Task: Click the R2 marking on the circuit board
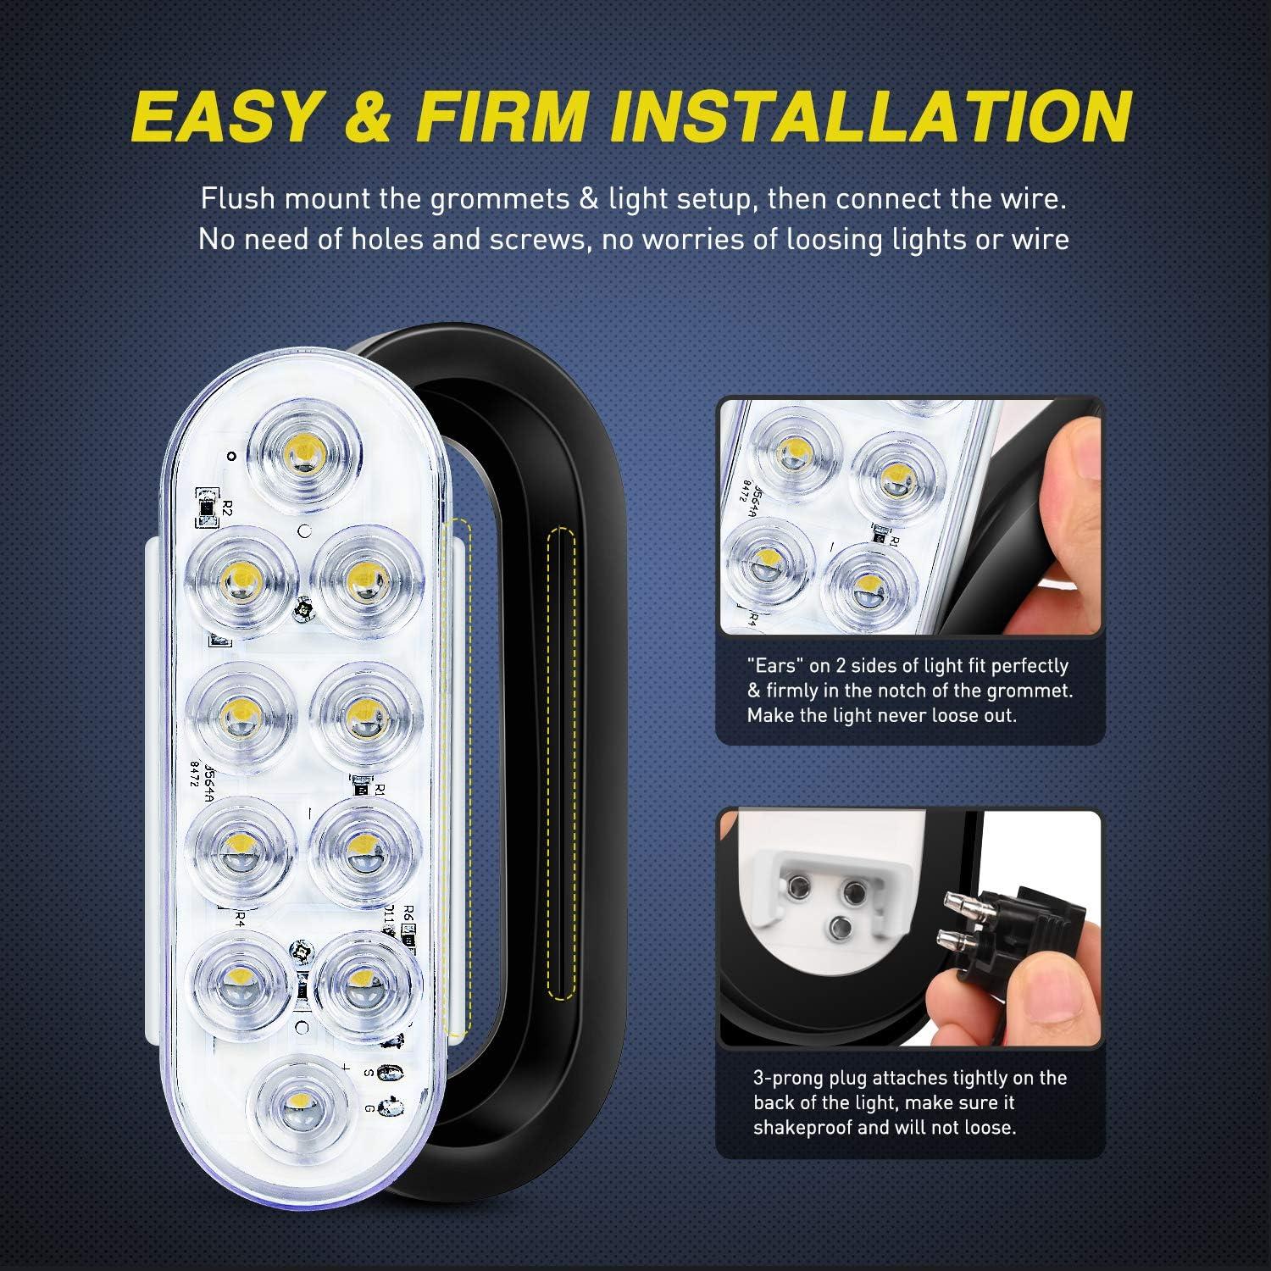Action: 227,509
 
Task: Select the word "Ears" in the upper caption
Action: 777,666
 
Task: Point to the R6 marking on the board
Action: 408,913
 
